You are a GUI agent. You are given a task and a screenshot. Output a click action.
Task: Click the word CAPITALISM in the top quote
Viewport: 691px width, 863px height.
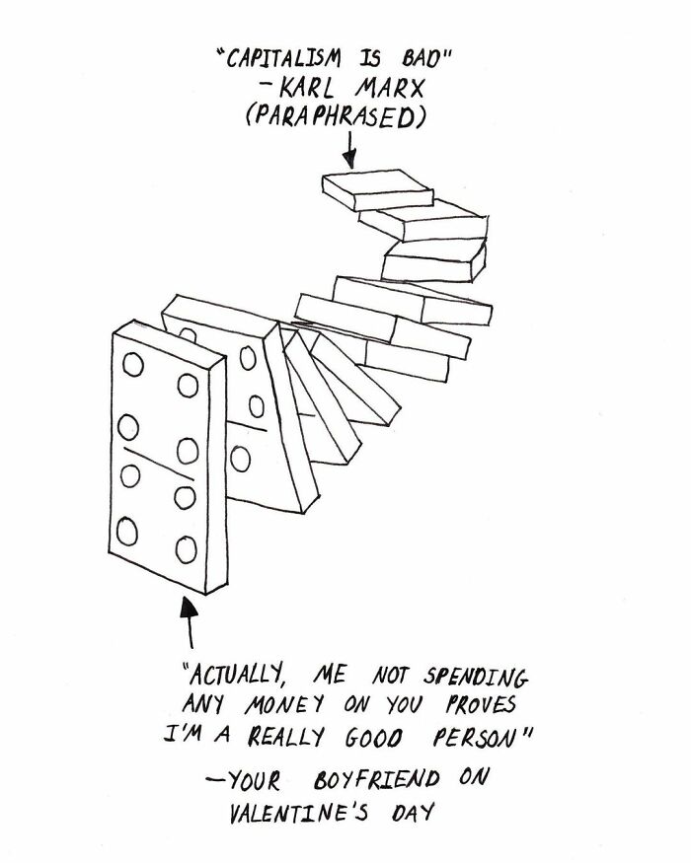point(284,58)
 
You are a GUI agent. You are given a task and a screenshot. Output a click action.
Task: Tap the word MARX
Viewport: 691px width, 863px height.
point(390,88)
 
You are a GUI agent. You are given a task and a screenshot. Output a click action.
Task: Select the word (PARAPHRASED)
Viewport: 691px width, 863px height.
point(336,116)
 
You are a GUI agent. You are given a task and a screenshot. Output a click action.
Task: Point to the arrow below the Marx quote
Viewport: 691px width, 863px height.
point(349,149)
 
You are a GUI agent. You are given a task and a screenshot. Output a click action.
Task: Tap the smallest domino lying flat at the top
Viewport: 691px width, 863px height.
point(378,190)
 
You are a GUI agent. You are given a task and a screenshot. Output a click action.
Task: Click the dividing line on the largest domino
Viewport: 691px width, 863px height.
point(159,464)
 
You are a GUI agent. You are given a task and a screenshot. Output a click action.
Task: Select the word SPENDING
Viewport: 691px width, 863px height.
point(476,677)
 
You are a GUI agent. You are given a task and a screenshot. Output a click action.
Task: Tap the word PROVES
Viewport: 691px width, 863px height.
point(481,705)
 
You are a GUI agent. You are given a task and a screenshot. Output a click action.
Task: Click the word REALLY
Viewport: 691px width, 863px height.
point(285,737)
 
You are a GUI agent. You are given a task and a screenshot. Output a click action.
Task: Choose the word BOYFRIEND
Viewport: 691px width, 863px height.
point(377,779)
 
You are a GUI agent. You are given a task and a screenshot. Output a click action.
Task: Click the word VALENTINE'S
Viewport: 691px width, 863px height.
point(298,813)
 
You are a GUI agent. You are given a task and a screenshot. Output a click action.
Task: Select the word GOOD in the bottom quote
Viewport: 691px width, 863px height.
point(374,738)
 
